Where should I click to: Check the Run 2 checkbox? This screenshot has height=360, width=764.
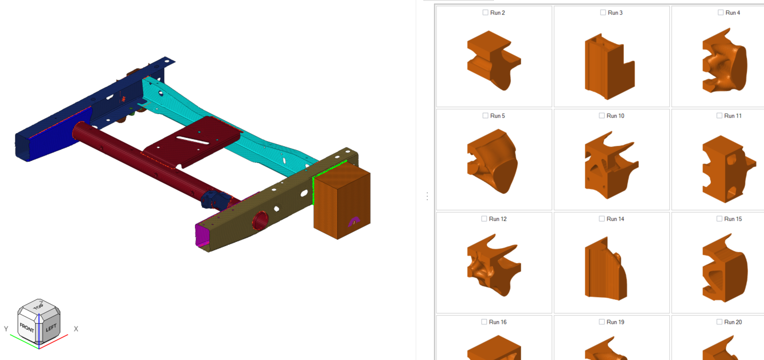point(485,13)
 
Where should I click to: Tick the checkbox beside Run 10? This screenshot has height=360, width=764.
point(602,116)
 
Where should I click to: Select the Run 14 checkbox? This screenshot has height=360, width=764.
point(602,218)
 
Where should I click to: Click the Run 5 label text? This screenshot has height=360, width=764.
point(497,116)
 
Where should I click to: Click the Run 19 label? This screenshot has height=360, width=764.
point(615,322)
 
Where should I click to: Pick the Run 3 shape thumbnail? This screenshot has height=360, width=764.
point(609,66)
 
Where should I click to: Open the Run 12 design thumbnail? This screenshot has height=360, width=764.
point(494,265)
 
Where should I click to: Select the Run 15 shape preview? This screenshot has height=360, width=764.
point(725,268)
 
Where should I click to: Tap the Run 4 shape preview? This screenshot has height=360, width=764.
point(725,61)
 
